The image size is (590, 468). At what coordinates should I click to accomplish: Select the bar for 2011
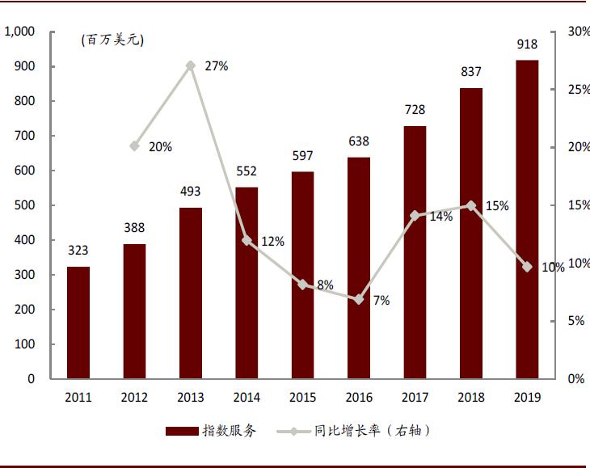pyautogui.click(x=78, y=323)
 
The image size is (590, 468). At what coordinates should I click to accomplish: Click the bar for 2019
pyautogui.click(x=527, y=219)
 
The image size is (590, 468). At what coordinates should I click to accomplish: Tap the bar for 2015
pyautogui.click(x=303, y=275)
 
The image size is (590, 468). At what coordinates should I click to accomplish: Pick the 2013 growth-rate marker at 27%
pyautogui.click(x=191, y=65)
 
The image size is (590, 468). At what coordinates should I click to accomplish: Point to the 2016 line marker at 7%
pyautogui.click(x=359, y=299)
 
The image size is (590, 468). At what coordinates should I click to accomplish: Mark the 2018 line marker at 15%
pyautogui.click(x=471, y=205)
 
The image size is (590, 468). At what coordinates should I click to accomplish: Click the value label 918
pyautogui.click(x=527, y=44)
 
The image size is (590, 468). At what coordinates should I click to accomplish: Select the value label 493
pyautogui.click(x=191, y=192)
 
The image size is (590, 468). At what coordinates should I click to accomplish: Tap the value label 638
pyautogui.click(x=359, y=141)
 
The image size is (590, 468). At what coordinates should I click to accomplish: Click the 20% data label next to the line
pyautogui.click(x=160, y=147)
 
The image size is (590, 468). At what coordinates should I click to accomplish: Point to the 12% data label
pyautogui.click(x=272, y=241)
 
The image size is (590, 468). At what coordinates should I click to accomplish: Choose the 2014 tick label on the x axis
pyautogui.click(x=247, y=398)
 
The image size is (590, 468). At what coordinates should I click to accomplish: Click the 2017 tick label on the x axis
pyautogui.click(x=415, y=398)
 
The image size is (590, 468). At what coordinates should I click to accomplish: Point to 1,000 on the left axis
pyautogui.click(x=19, y=32)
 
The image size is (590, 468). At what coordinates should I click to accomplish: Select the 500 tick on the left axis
pyautogui.click(x=25, y=205)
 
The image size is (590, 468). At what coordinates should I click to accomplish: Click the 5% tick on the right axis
pyautogui.click(x=575, y=321)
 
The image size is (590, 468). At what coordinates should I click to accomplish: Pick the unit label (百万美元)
pyautogui.click(x=112, y=40)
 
